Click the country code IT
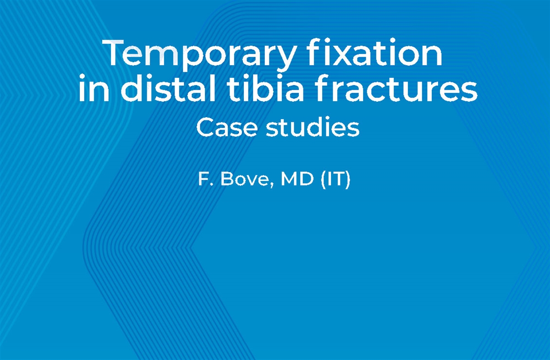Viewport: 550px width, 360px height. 332,179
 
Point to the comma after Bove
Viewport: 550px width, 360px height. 274,185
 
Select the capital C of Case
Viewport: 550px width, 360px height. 205,128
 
